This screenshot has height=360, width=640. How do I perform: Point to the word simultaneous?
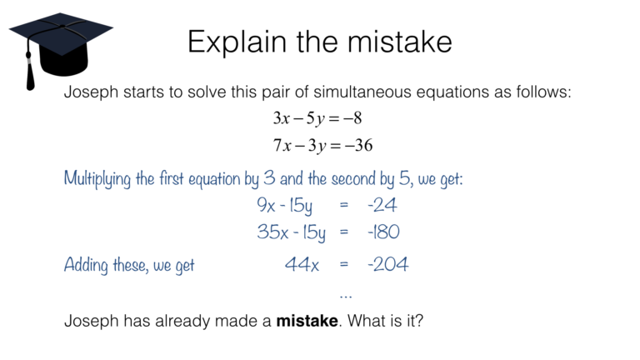click(x=362, y=92)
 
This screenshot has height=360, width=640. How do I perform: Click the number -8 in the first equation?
click(x=353, y=118)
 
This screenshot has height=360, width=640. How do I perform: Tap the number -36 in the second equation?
click(x=359, y=145)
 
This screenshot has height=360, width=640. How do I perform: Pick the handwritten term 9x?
click(x=266, y=205)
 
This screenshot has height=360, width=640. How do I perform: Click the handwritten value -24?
click(x=382, y=205)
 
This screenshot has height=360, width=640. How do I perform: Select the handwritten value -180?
click(x=383, y=232)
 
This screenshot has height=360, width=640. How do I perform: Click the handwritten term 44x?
click(x=302, y=264)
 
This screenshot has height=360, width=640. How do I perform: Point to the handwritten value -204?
click(x=387, y=264)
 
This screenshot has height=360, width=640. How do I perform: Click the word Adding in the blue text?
click(x=86, y=265)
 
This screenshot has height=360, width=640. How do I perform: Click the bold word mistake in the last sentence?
click(x=307, y=321)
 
